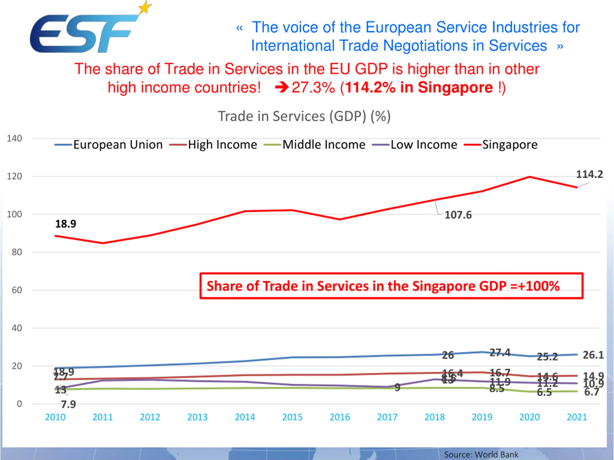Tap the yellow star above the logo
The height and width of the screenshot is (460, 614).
pyautogui.click(x=145, y=7)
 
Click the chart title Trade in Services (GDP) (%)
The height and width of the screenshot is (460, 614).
pyautogui.click(x=304, y=116)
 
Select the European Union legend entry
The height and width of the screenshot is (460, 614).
pyautogui.click(x=118, y=145)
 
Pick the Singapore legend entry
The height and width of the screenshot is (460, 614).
pyautogui.click(x=509, y=145)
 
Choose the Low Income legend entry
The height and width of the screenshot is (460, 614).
pyautogui.click(x=424, y=145)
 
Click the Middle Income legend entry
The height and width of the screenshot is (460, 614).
pyautogui.click(x=324, y=145)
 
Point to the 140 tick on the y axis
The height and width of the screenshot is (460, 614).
pyautogui.click(x=14, y=138)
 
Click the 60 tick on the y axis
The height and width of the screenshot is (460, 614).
pyautogui.click(x=17, y=290)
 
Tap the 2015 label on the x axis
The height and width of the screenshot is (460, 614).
pyautogui.click(x=292, y=417)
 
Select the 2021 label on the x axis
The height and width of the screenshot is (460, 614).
pyautogui.click(x=577, y=417)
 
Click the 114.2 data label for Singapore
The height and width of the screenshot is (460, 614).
pyautogui.click(x=590, y=174)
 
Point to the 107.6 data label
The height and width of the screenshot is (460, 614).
pyautogui.click(x=458, y=215)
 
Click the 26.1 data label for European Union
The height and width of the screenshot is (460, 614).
pyautogui.click(x=593, y=355)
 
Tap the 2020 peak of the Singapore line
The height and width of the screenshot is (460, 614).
pyautogui.click(x=530, y=177)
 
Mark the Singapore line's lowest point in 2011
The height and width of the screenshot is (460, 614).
pyautogui.click(x=103, y=243)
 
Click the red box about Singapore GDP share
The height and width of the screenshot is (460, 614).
pyautogui.click(x=391, y=286)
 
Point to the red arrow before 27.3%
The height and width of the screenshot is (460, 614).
pyautogui.click(x=282, y=88)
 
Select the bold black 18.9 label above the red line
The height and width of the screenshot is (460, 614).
pyautogui.click(x=65, y=224)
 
